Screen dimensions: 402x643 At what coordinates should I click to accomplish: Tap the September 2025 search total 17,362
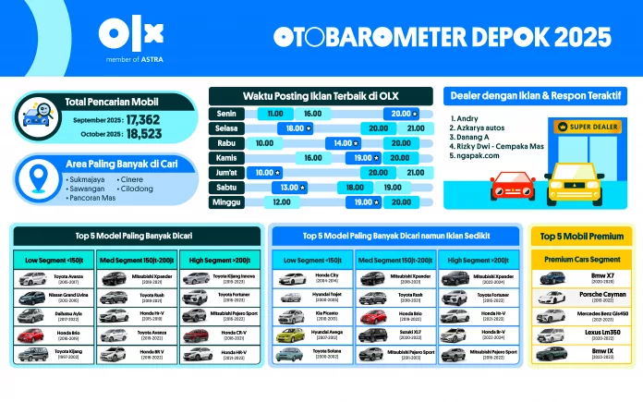point(143,119)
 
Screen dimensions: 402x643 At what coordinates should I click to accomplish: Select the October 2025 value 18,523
point(143,134)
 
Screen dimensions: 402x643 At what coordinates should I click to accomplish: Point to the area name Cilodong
point(137,188)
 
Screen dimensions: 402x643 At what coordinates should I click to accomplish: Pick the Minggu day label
point(225,201)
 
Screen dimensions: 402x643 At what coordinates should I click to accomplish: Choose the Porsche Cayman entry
point(601,296)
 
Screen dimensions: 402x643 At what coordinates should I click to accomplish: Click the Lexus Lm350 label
point(601,332)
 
